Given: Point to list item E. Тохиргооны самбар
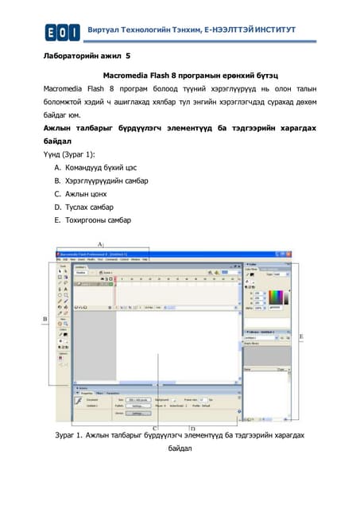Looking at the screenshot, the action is coord(98,220).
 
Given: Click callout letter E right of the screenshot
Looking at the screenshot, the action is coord(300,336).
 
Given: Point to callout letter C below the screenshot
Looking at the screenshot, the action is coord(155,427).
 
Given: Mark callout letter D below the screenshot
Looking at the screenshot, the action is coord(192,427).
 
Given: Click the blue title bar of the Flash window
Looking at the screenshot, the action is coord(143,254).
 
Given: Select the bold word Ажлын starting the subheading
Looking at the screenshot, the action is coord(60,127).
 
